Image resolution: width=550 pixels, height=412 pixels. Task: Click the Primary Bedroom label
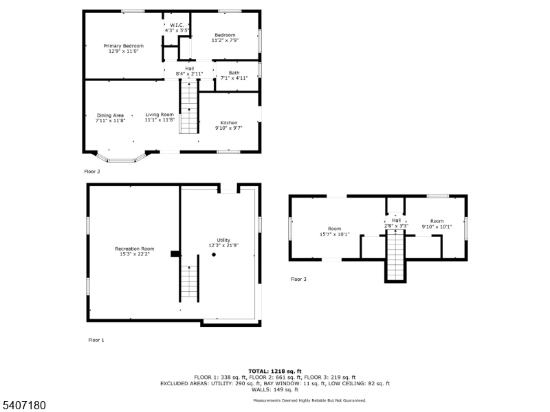click(x=124, y=48)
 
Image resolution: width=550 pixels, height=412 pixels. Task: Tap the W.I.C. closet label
click(x=176, y=28)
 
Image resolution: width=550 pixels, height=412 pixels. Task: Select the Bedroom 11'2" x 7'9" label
click(x=225, y=38)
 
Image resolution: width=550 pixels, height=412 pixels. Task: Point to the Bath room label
click(x=234, y=75)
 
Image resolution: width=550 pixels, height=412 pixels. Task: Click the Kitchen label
click(x=228, y=125)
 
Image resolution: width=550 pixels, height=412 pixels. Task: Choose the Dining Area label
click(x=110, y=117)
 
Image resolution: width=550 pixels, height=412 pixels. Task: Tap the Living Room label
click(x=159, y=117)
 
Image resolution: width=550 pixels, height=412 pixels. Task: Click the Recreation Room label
click(x=134, y=251)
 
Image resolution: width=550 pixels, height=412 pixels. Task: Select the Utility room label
click(x=224, y=242)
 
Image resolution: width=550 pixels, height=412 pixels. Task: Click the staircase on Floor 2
click(x=189, y=106)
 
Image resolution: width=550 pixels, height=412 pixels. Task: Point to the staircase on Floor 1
click(x=190, y=282)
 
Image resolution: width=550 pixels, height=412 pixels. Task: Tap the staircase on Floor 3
click(x=395, y=255)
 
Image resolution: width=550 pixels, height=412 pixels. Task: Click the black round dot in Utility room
click(x=214, y=255)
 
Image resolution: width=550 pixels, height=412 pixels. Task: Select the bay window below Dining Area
click(x=120, y=159)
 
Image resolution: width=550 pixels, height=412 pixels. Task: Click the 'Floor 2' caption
click(x=92, y=172)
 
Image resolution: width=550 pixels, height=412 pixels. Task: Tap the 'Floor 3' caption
click(x=298, y=279)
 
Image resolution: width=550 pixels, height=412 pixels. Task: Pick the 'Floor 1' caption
click(x=96, y=340)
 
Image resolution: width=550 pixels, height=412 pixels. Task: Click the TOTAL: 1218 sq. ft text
click(x=275, y=371)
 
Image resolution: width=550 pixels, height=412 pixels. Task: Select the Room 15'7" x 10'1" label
click(x=334, y=231)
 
